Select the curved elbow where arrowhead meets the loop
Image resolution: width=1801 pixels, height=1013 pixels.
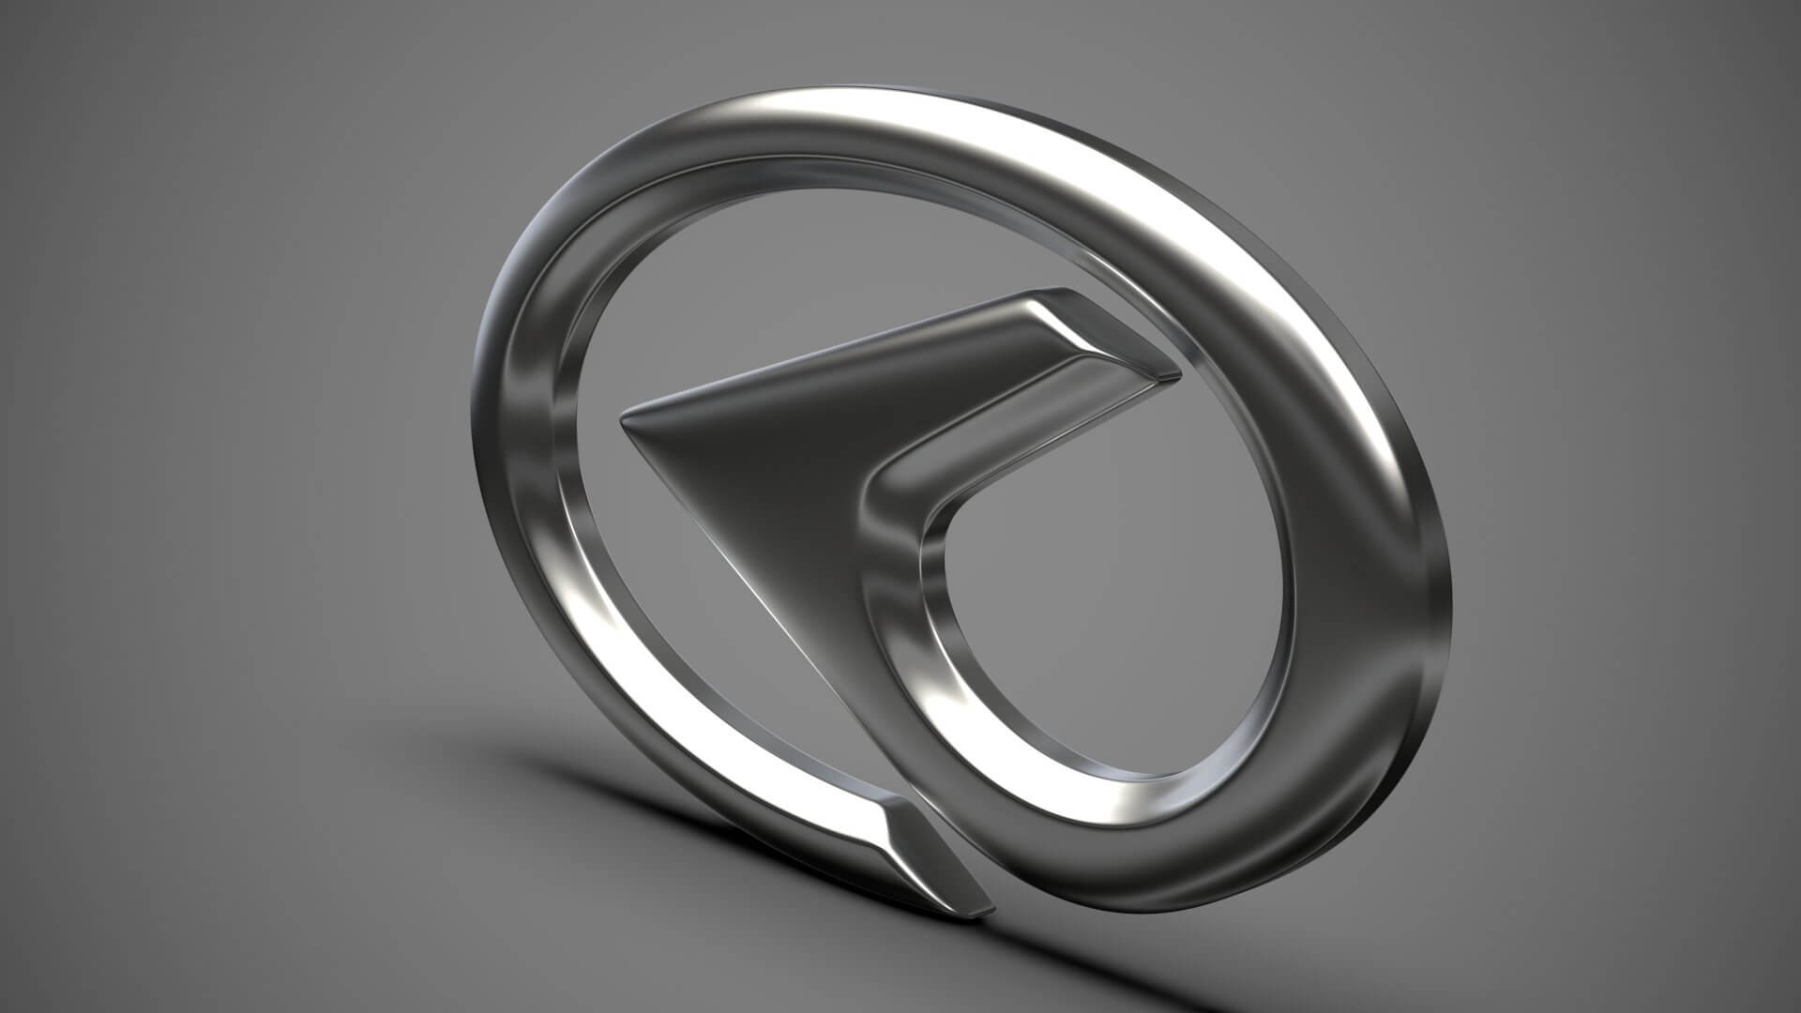pos(891,488)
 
